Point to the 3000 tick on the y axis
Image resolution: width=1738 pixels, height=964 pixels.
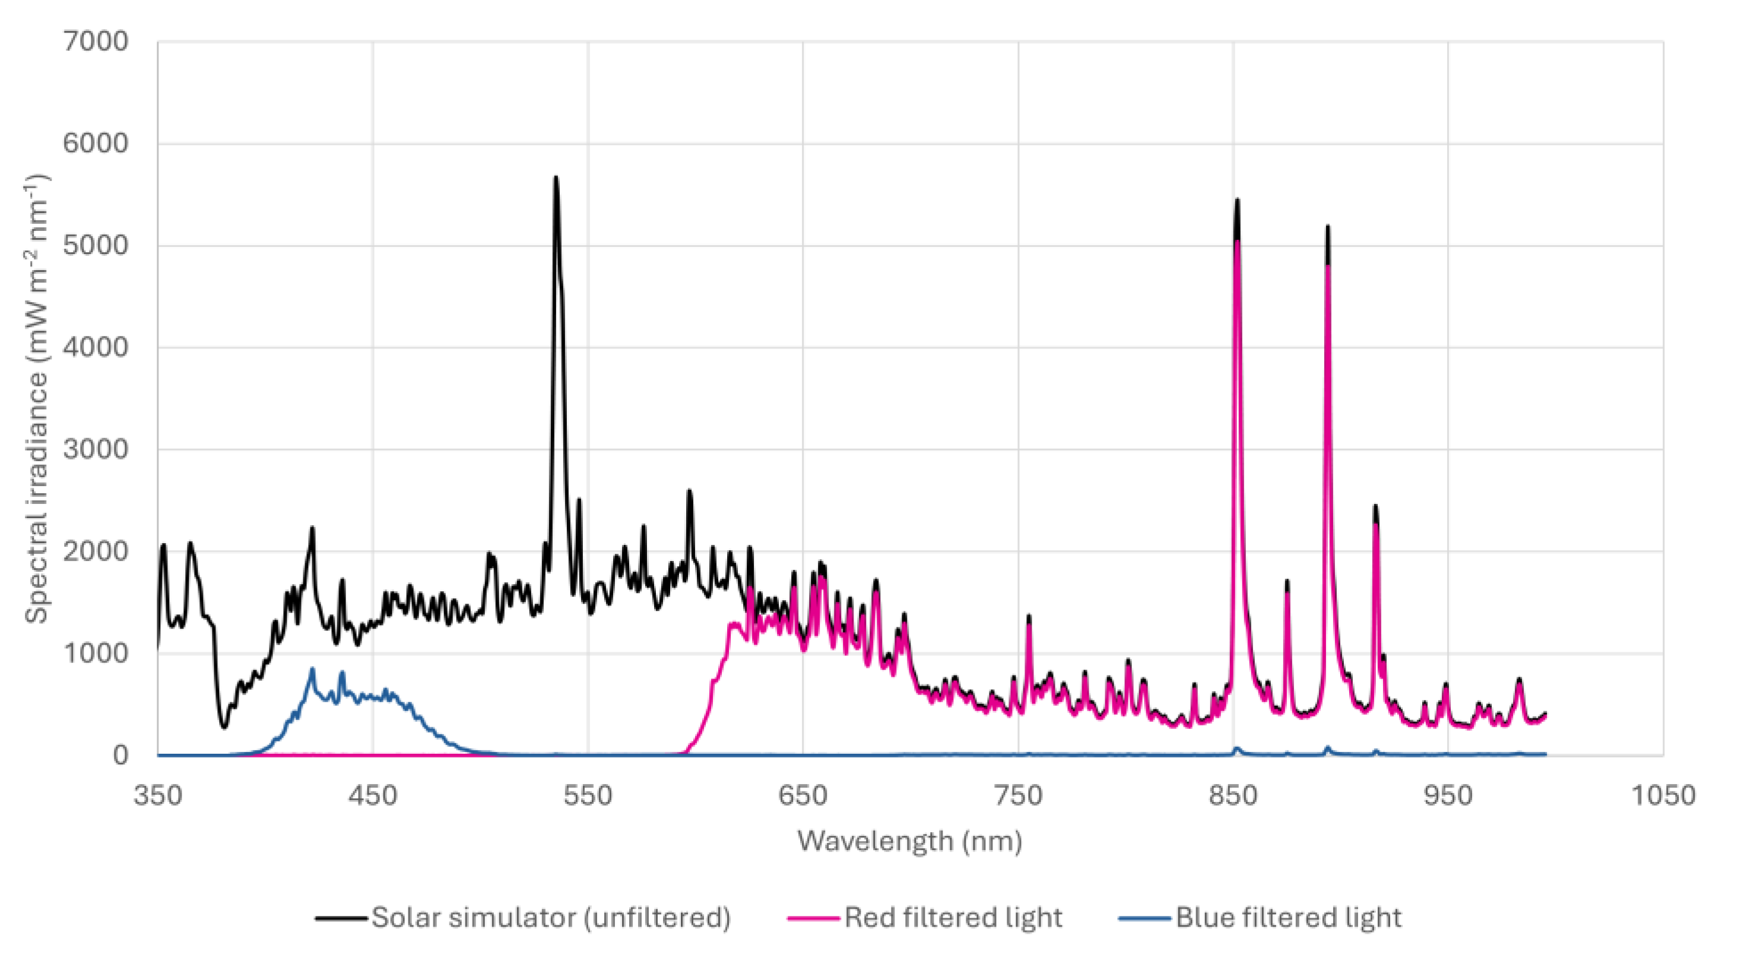click(95, 449)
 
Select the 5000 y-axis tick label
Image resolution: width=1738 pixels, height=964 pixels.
click(95, 246)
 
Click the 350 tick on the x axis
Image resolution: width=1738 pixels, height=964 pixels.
click(158, 796)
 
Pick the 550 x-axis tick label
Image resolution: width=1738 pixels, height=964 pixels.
click(588, 796)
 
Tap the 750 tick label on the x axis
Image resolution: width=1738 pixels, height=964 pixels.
click(1018, 796)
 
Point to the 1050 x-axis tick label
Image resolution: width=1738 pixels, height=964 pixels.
click(1663, 796)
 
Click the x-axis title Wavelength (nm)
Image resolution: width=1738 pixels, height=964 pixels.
click(909, 841)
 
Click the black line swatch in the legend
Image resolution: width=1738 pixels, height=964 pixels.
click(341, 918)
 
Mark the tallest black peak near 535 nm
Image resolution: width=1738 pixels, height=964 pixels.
click(556, 178)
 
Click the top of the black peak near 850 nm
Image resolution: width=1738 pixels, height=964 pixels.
click(1238, 201)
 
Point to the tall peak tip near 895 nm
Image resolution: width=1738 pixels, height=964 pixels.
click(1328, 227)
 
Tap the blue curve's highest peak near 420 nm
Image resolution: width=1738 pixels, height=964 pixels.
click(312, 669)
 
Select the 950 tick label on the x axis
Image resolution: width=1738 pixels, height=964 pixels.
click(1448, 796)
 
